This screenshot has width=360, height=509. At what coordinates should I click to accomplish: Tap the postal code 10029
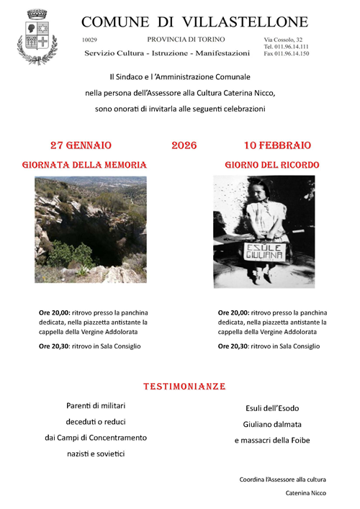click(90, 40)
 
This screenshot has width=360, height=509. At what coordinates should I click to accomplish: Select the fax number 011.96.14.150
click(286, 53)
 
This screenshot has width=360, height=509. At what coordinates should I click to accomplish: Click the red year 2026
click(184, 145)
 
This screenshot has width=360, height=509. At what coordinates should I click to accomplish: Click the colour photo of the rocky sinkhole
click(90, 229)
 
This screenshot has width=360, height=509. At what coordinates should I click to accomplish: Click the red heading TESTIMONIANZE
click(184, 387)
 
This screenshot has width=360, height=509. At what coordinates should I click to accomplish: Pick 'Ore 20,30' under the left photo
click(55, 346)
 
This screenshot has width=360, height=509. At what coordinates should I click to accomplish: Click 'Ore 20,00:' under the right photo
click(234, 312)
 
